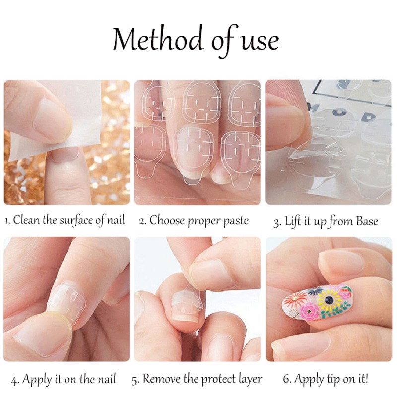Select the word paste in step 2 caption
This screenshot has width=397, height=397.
pyautogui.click(x=236, y=221)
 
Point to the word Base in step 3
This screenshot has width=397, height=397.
pyautogui.click(x=367, y=221)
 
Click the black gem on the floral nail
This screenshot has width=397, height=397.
pyautogui.click(x=329, y=300)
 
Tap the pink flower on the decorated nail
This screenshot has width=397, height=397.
pyautogui.click(x=309, y=311)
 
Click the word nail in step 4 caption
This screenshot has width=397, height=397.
pyautogui.click(x=105, y=379)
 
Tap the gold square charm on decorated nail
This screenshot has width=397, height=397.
pyautogui.click(x=294, y=312)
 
